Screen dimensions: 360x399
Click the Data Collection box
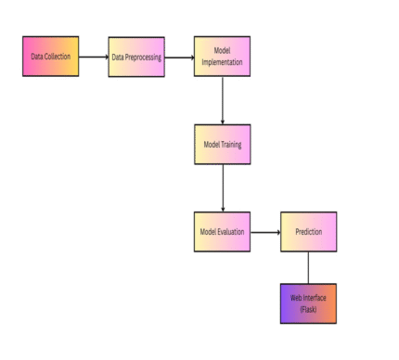pyautogui.click(x=50, y=56)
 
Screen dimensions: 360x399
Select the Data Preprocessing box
pyautogui.click(x=136, y=57)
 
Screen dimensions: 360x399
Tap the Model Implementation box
pyautogui.click(x=222, y=57)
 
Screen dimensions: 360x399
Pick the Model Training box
pyautogui.click(x=222, y=144)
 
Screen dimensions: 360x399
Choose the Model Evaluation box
pyautogui.click(x=222, y=231)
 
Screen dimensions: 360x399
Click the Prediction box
pyautogui.click(x=308, y=231)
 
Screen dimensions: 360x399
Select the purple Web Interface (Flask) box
pyautogui.click(x=308, y=302)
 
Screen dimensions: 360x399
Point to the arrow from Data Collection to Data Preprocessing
pyautogui.click(x=93, y=57)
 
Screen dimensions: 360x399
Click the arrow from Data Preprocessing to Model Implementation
pyautogui.click(x=179, y=57)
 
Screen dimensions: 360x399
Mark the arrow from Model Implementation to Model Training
pyautogui.click(x=223, y=100)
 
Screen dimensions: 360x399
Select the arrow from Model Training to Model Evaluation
pyautogui.click(x=223, y=187)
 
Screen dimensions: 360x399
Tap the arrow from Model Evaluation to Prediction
pyautogui.click(x=265, y=231)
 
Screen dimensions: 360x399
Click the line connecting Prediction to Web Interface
pyautogui.click(x=308, y=267)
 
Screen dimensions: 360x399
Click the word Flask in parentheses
pyautogui.click(x=308, y=308)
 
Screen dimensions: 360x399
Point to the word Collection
pyautogui.click(x=58, y=57)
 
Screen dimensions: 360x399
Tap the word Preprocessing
pyautogui.click(x=144, y=57)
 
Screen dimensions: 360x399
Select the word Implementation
pyautogui.click(x=222, y=62)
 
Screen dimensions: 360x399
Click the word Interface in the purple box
pyautogui.click(x=315, y=298)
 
